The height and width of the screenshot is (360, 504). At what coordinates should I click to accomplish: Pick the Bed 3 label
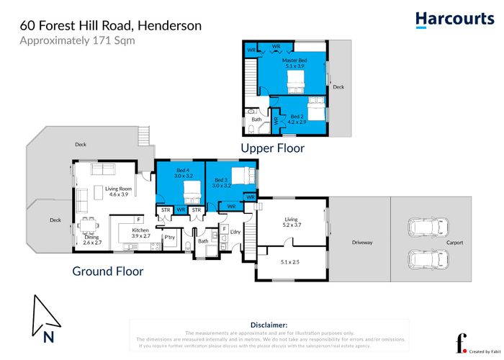pos(222,182)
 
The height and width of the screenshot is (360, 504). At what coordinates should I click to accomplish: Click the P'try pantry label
pos(170,237)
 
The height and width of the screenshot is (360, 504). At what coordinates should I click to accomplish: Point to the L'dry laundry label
pos(235,232)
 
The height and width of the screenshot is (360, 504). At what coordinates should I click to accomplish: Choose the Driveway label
pos(362,243)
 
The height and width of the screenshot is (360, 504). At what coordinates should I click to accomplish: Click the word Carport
pos(454,243)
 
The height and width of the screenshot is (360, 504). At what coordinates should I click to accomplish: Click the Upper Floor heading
pos(272,148)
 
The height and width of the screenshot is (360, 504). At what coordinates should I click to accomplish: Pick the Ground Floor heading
pos(107,271)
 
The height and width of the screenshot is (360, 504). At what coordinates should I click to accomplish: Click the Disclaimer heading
pos(268,325)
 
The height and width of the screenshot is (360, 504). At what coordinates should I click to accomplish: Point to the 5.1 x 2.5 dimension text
pos(290,262)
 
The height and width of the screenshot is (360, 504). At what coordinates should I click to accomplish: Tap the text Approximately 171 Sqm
pos(77,40)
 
